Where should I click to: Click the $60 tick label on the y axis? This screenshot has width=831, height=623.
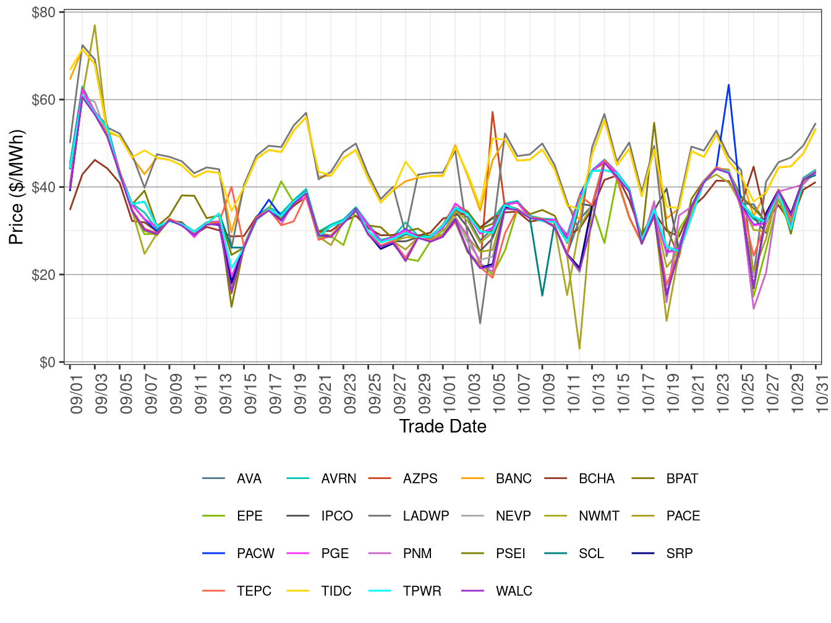click(43, 100)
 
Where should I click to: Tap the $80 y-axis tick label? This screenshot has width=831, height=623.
click(43, 12)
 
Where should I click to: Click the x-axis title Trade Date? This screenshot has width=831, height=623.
click(443, 426)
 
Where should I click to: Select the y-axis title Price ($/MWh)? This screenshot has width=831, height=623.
click(16, 187)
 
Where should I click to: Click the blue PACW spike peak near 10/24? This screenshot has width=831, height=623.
click(728, 85)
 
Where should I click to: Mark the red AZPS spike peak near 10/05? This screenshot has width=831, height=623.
click(492, 112)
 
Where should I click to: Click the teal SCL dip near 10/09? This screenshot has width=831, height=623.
click(542, 295)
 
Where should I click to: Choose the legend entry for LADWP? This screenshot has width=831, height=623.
click(425, 516)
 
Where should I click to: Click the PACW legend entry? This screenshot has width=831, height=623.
click(255, 554)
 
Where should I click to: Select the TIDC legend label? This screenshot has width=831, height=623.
click(336, 591)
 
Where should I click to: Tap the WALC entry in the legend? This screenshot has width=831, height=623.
click(513, 591)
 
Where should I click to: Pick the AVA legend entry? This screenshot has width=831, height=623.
click(249, 479)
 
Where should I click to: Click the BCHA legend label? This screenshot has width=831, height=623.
click(596, 479)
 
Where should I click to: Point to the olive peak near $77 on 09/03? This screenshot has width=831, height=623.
click(95, 25)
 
